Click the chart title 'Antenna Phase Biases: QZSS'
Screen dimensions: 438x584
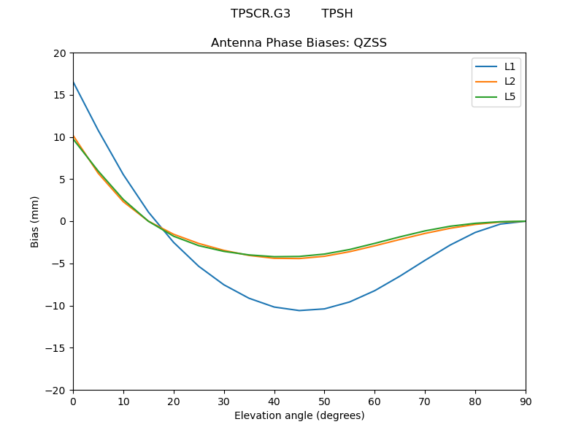point(299,43)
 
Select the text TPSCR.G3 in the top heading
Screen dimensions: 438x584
point(261,14)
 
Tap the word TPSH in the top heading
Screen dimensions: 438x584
point(337,14)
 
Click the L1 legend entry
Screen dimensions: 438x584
point(510,66)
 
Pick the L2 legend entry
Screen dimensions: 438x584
point(510,81)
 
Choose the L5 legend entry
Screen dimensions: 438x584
point(510,96)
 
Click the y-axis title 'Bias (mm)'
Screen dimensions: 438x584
point(35,221)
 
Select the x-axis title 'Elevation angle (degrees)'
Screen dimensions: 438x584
point(299,415)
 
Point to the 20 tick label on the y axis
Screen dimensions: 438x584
point(59,53)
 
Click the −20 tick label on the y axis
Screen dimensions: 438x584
point(56,390)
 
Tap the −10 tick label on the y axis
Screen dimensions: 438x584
point(56,306)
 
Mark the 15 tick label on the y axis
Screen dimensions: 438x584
point(59,95)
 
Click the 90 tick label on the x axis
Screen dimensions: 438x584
point(526,401)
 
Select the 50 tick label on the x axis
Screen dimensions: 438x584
point(324,401)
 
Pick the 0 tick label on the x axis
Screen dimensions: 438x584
point(73,401)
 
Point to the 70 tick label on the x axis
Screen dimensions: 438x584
point(425,401)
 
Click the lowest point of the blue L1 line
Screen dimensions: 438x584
point(299,310)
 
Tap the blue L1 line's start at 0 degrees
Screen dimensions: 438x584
point(74,82)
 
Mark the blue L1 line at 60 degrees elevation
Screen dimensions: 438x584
point(374,291)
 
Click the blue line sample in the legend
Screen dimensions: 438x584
point(486,66)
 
